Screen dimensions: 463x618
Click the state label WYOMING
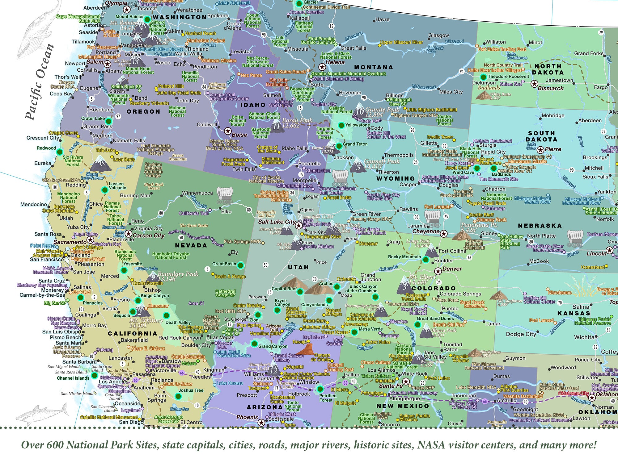396,178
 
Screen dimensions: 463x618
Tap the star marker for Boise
228,131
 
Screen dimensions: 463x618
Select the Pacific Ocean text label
40,82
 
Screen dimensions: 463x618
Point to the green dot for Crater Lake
108,121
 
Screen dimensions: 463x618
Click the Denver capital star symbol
438,271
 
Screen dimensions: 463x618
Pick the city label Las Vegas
222,337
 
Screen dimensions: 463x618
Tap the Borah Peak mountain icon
277,127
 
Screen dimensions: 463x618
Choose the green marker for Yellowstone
341,125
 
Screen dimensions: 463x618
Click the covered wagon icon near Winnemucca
224,195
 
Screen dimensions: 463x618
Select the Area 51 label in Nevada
196,303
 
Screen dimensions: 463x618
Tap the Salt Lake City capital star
298,225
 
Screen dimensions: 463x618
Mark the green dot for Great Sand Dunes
417,324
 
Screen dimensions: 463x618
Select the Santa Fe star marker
406,382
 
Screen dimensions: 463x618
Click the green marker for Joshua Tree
178,396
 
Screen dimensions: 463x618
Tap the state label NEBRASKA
540,226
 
